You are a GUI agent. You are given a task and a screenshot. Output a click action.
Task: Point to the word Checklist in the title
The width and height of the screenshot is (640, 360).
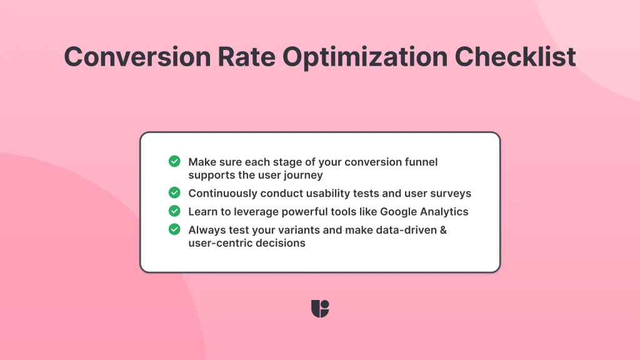[x=515, y=57]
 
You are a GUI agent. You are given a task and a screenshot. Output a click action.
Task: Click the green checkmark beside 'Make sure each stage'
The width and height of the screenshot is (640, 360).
[x=174, y=161]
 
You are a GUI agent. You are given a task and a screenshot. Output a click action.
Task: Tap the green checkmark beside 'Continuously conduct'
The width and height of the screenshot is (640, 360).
[x=174, y=192]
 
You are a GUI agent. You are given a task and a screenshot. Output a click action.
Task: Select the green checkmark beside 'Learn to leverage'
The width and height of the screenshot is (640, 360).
[x=174, y=211]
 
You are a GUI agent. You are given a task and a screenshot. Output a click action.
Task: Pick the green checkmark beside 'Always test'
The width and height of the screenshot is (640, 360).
[x=174, y=229]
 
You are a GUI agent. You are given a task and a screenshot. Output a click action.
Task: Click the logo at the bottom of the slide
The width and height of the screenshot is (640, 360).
[x=320, y=309]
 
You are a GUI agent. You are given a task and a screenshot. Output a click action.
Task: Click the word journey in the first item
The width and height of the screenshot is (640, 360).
[x=304, y=175]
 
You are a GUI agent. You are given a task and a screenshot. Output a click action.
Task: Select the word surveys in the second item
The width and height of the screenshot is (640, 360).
[x=451, y=193]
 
